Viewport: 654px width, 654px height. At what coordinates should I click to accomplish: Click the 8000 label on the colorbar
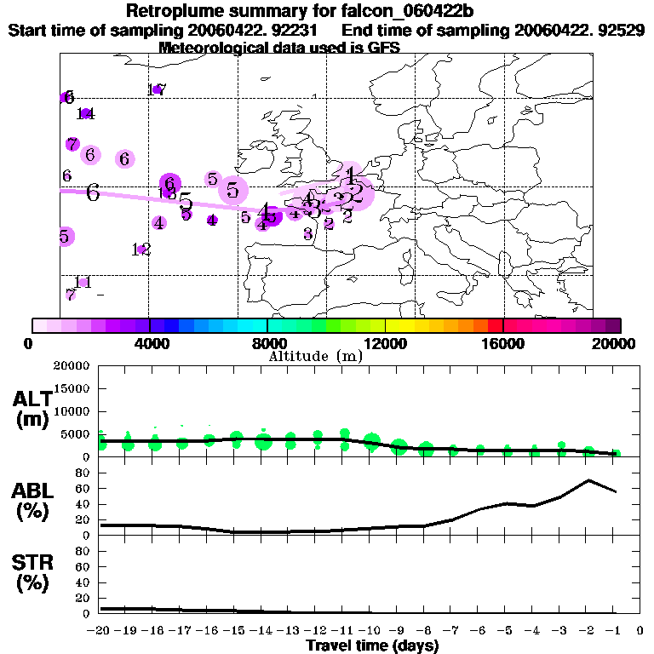click(x=267, y=344)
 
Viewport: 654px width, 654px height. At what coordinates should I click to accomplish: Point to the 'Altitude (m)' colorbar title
click(x=315, y=356)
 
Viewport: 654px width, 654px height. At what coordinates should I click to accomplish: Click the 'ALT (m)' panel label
click(x=32, y=409)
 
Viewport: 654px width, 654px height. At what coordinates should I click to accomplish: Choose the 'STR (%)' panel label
click(x=32, y=572)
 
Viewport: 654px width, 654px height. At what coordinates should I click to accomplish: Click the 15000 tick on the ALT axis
click(x=74, y=388)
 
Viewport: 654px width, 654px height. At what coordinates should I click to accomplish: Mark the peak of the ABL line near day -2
click(x=588, y=480)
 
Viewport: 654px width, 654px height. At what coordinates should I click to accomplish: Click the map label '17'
click(x=157, y=89)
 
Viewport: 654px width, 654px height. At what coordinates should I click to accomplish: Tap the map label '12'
click(x=141, y=250)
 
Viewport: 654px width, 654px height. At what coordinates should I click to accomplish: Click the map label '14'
click(x=85, y=113)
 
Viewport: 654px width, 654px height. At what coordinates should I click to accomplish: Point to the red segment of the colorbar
click(x=495, y=325)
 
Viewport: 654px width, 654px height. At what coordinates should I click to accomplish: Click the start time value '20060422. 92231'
click(x=255, y=30)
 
